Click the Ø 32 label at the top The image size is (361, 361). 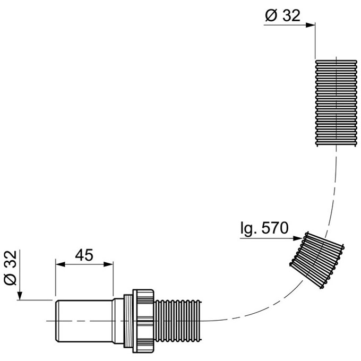(x=283, y=15)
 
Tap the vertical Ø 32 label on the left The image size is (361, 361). (x=11, y=268)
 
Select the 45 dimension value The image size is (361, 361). (x=84, y=255)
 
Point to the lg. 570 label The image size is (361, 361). (x=264, y=228)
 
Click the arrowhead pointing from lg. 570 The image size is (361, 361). (x=298, y=238)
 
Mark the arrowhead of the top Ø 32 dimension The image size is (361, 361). (x=311, y=25)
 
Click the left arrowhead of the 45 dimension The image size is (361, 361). (x=61, y=264)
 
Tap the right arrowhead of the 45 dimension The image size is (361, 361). (x=108, y=264)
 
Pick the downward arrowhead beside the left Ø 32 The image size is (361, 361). (x=20, y=296)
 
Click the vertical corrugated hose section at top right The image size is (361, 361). (x=336, y=103)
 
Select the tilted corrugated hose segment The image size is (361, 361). (x=317, y=260)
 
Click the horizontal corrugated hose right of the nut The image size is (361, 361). (x=178, y=321)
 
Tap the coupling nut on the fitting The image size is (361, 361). (x=143, y=321)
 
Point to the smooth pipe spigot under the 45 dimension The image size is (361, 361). (x=84, y=321)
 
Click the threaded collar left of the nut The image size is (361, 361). (x=128, y=321)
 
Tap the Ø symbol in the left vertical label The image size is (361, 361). (x=11, y=279)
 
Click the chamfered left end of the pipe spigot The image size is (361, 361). (x=57, y=321)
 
